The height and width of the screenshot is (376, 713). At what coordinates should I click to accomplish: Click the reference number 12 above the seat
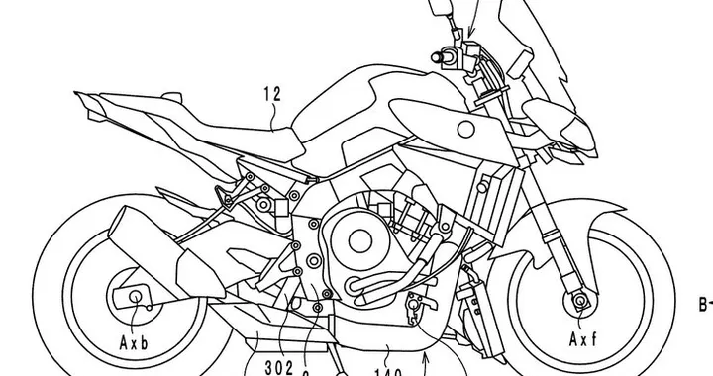coord(272,95)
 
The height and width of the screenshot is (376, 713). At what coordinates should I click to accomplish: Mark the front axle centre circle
coord(576,299)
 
